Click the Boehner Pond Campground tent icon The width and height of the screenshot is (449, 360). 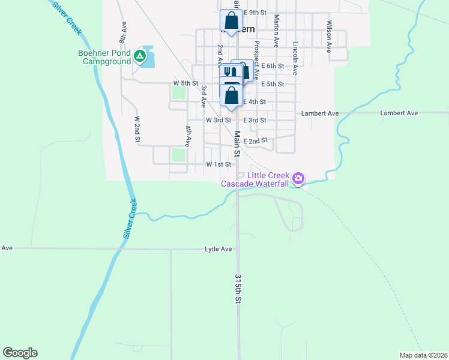pyautogui.click(x=140, y=56)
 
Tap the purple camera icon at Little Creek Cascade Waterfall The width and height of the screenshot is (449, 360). pyautogui.click(x=298, y=178)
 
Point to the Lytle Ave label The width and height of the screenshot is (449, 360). pyautogui.click(x=218, y=248)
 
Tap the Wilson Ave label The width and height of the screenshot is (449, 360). pyautogui.click(x=330, y=37)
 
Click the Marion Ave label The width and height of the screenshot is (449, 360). pyautogui.click(x=276, y=31)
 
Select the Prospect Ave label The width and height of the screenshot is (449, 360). pyautogui.click(x=256, y=60)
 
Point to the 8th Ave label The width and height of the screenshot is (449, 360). pyautogui.click(x=123, y=33)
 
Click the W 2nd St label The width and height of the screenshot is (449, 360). pyautogui.click(x=137, y=130)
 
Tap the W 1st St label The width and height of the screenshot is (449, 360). pyautogui.click(x=218, y=164)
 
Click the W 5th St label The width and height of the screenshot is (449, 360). pyautogui.click(x=185, y=83)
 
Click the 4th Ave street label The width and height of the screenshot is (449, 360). pyautogui.click(x=188, y=137)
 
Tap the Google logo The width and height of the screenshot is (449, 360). pyautogui.click(x=20, y=353)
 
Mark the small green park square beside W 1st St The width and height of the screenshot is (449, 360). pyautogui.click(x=179, y=155)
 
